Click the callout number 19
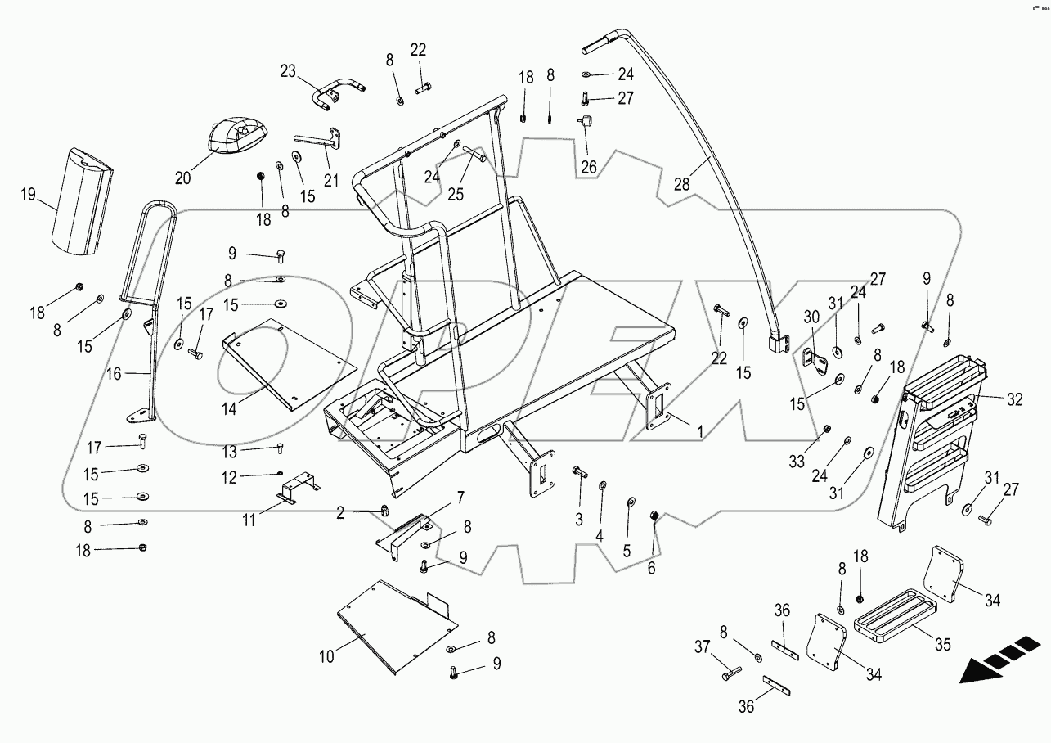(29, 194)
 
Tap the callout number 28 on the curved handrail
(681, 185)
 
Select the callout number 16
(113, 374)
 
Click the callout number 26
(590, 168)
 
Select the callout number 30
(811, 317)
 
